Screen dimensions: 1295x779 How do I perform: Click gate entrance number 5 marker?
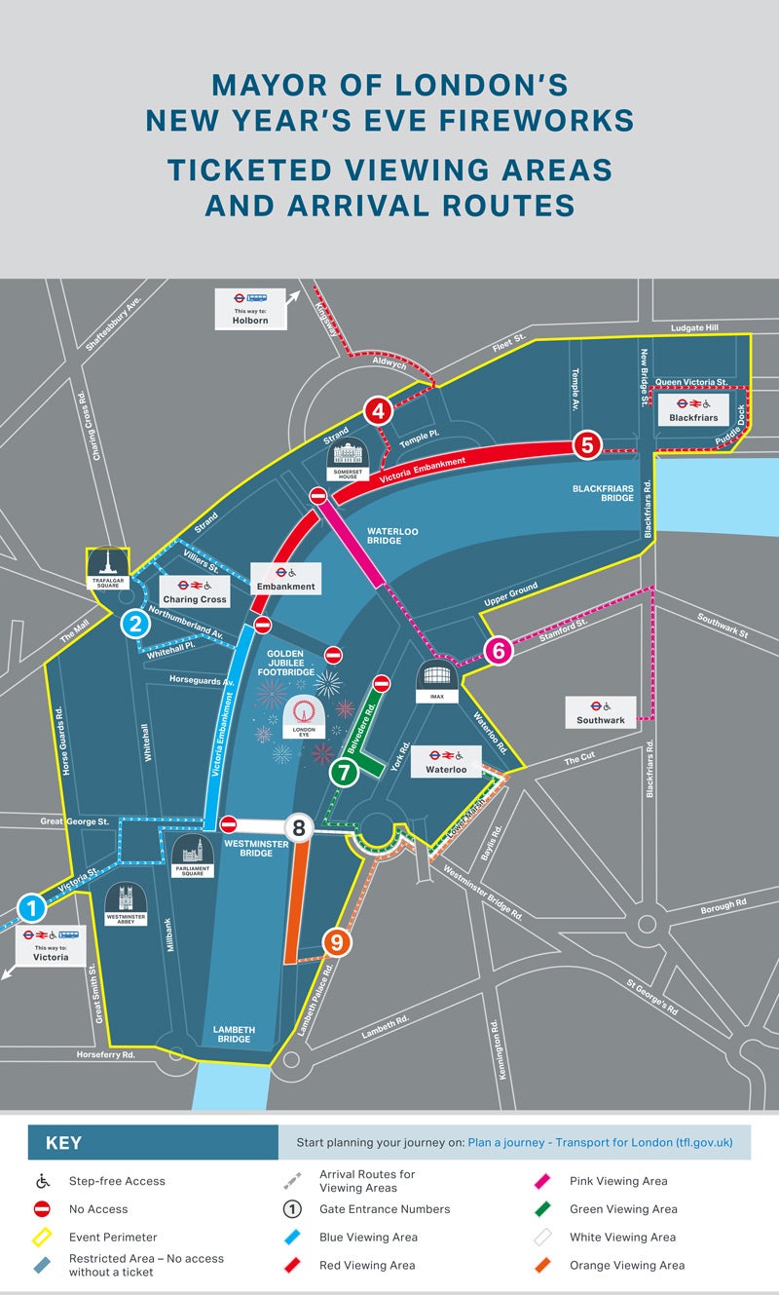click(586, 445)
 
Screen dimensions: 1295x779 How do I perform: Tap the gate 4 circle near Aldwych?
click(378, 411)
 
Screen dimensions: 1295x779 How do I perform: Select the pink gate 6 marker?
click(498, 650)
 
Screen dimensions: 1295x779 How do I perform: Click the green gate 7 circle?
click(343, 773)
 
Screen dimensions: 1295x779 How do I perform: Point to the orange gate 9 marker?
click(336, 942)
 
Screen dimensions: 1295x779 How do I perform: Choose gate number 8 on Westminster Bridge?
click(299, 828)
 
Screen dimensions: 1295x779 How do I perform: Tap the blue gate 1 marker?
click(31, 909)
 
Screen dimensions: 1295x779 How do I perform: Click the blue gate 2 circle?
click(135, 624)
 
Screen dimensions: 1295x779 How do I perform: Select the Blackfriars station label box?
click(693, 409)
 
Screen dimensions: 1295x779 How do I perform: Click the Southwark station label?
click(601, 712)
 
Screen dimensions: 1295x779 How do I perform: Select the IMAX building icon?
click(435, 680)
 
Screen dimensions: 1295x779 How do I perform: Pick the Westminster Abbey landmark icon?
click(126, 903)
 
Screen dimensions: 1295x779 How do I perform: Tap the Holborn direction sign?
click(250, 309)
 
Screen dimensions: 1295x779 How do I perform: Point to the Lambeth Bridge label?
click(233, 1034)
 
